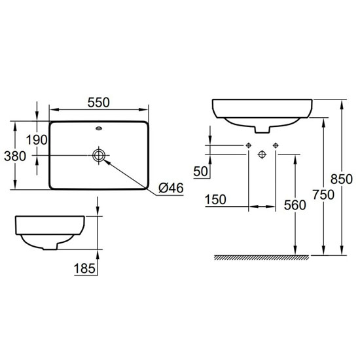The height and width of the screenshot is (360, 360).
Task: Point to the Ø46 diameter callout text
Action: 169,189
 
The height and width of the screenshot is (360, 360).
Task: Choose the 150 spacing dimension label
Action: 217,199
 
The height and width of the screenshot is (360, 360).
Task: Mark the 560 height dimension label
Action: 296,206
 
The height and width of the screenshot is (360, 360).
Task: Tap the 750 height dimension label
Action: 323,194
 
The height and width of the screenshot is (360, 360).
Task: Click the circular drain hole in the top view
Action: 99,155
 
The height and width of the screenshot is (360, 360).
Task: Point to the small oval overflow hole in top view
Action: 99,129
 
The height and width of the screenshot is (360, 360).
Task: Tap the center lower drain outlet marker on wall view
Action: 262,154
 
